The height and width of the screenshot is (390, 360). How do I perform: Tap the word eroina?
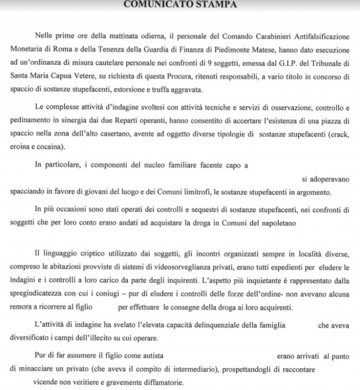20,146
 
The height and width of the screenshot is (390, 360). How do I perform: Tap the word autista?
150,357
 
